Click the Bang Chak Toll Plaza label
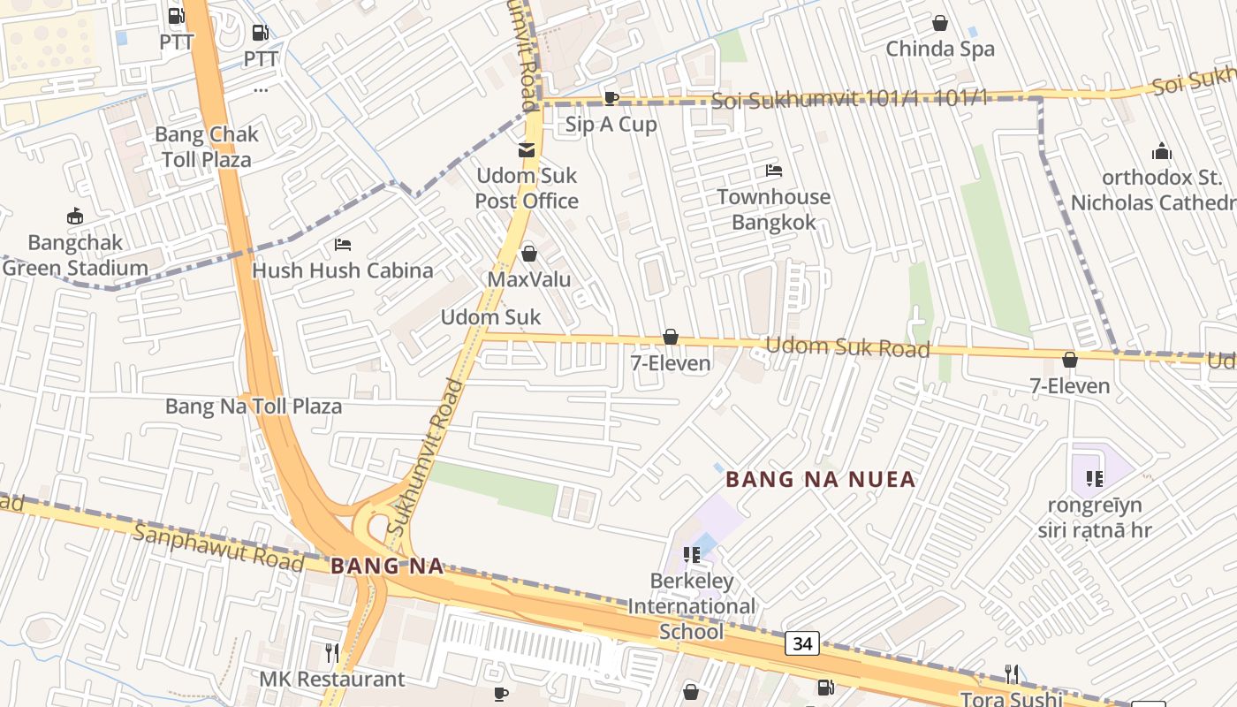(x=206, y=147)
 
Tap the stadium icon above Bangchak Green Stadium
(x=75, y=216)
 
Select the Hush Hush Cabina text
(x=343, y=270)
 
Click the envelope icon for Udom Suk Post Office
(x=527, y=149)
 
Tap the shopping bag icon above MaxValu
(x=529, y=254)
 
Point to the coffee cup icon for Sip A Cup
(x=611, y=98)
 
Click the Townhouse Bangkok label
(x=773, y=209)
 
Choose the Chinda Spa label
(x=940, y=49)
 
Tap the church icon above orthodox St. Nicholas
(x=1161, y=151)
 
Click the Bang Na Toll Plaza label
(x=254, y=407)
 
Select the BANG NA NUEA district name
(x=820, y=480)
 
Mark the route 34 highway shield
(x=802, y=643)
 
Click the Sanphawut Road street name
(x=218, y=546)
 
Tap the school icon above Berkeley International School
(x=692, y=555)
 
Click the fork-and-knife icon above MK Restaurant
(x=332, y=653)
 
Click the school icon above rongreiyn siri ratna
(x=1095, y=479)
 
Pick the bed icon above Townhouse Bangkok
(x=774, y=171)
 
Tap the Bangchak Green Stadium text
(x=75, y=255)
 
